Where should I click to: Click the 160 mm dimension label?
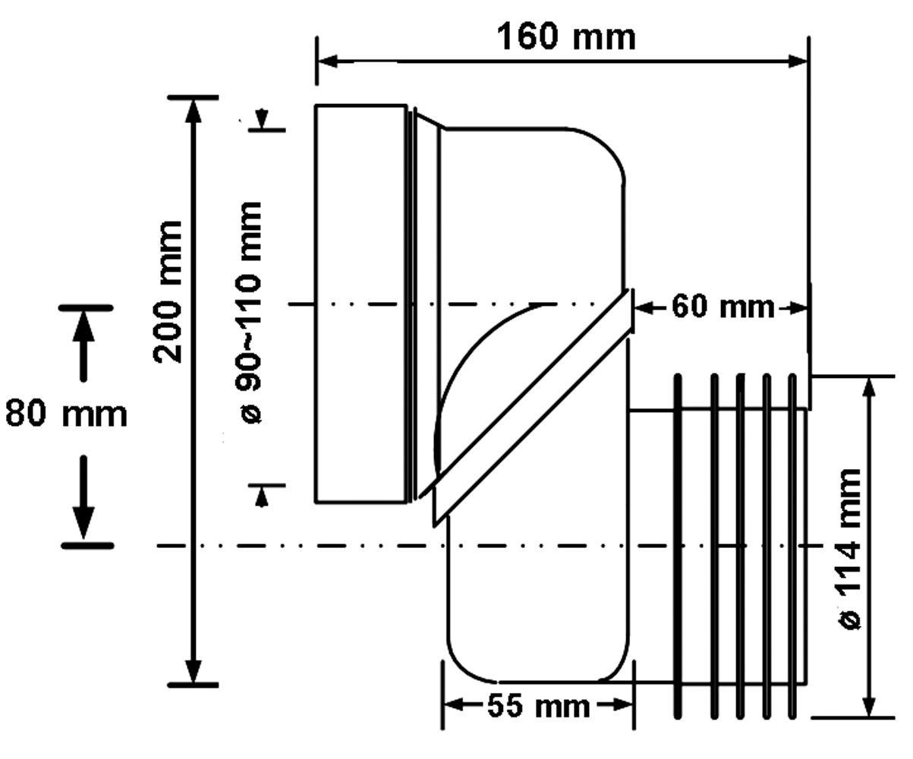[x=565, y=36]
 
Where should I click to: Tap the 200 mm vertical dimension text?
[x=168, y=292]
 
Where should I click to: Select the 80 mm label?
[x=66, y=415]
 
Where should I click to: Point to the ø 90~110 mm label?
[x=248, y=312]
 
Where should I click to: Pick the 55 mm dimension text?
[x=538, y=707]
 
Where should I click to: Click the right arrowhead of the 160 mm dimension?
[x=798, y=61]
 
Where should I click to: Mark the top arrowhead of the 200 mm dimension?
[x=194, y=110]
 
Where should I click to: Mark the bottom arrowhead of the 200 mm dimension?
[x=194, y=672]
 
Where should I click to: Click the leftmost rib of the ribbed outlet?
[x=677, y=546]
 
